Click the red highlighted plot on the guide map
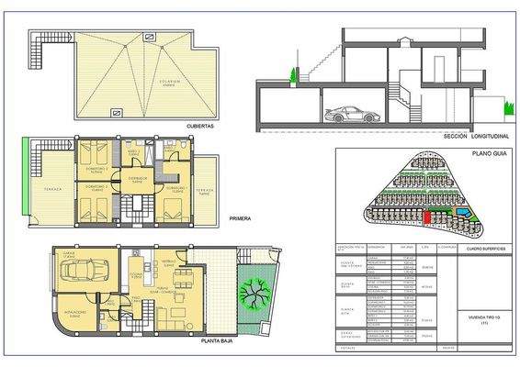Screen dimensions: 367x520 (426, 217)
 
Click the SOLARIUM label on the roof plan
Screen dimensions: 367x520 (141, 81)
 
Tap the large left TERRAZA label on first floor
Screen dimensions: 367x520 (53, 189)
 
